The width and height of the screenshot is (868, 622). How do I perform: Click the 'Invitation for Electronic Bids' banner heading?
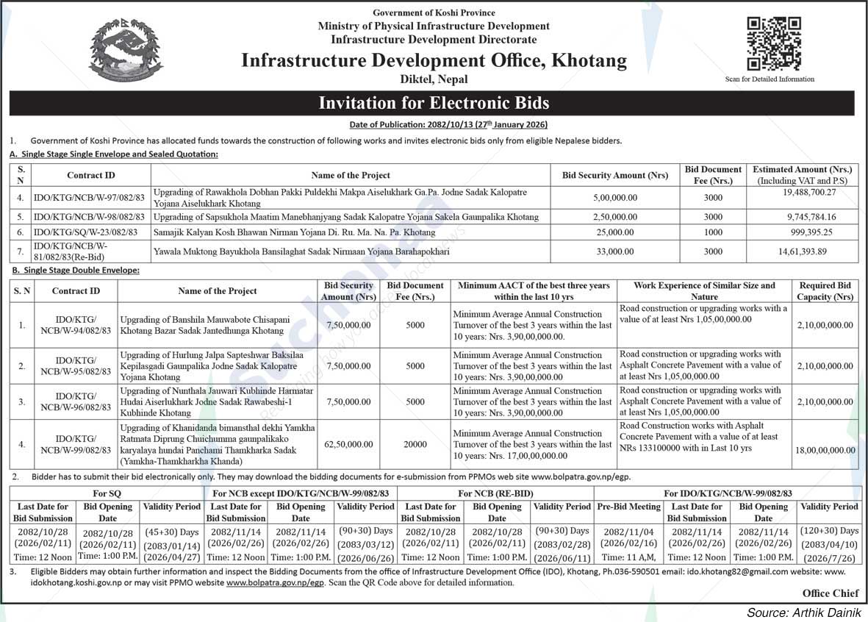[x=434, y=103]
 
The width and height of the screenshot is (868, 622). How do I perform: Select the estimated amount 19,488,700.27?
[x=802, y=192]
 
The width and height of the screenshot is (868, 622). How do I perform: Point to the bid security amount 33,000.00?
[x=614, y=251]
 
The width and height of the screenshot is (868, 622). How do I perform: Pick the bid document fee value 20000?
[x=415, y=445]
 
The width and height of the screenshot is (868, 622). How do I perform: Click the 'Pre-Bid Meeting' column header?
[x=628, y=507]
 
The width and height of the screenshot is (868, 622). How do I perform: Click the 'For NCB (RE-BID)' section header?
[x=495, y=493]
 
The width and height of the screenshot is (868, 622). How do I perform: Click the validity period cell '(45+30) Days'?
[x=171, y=531]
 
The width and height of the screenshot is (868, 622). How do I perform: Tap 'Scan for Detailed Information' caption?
[x=769, y=79]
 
